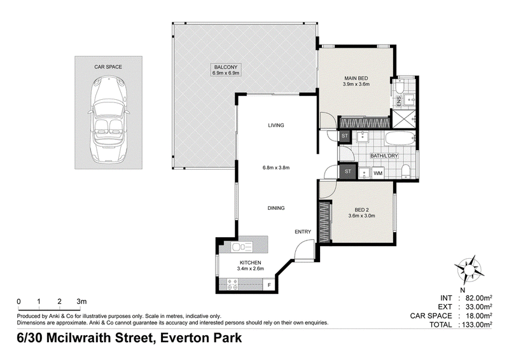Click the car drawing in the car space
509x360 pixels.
point(108,120)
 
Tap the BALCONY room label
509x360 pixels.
point(226,67)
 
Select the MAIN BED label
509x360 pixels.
point(356,78)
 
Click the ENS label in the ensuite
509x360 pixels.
point(399,100)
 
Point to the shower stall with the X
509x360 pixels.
point(404,119)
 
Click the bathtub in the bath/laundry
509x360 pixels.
point(400,139)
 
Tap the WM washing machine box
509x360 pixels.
point(378,174)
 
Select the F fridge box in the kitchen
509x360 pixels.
point(269,286)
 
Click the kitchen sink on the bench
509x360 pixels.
point(242,247)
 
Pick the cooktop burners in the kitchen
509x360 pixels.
point(232,285)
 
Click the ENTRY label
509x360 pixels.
point(303,232)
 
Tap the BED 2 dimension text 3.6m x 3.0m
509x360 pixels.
point(361,216)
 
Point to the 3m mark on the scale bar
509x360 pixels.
point(81,301)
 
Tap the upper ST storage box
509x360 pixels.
point(345,136)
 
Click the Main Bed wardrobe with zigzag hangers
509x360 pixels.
point(364,122)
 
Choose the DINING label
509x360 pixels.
point(276,208)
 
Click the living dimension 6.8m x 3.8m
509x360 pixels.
point(276,168)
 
